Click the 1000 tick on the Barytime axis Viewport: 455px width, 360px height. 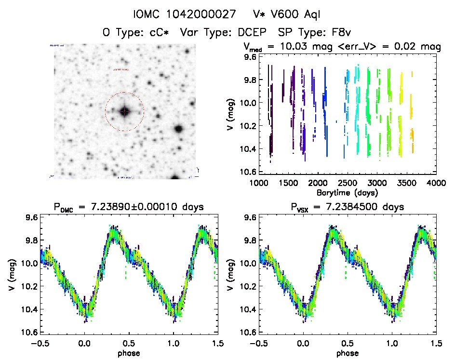259,184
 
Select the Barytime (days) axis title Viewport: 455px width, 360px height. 348,192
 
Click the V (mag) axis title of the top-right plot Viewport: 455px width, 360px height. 233,114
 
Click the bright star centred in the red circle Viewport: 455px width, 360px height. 124,111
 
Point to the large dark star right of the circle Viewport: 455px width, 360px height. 179,129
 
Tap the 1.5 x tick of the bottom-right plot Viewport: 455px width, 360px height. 436,342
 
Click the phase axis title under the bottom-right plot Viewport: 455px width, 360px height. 348,352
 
